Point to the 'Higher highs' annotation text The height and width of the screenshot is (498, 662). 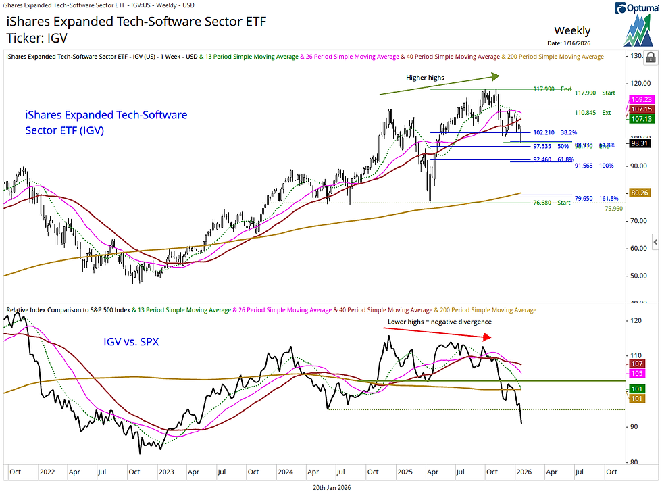(x=425, y=77)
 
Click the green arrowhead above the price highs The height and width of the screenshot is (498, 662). (x=494, y=76)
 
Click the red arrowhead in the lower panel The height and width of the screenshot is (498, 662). (x=485, y=336)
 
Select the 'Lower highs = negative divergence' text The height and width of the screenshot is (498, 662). (x=439, y=322)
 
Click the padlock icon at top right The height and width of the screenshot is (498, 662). (x=651, y=56)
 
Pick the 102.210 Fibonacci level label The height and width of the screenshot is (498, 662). (x=544, y=132)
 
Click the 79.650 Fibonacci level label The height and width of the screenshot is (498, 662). (x=544, y=198)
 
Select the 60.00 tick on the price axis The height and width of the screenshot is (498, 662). (x=638, y=248)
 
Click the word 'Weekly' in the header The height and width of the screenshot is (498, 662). (x=572, y=30)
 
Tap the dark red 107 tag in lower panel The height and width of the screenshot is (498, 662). (x=636, y=364)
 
